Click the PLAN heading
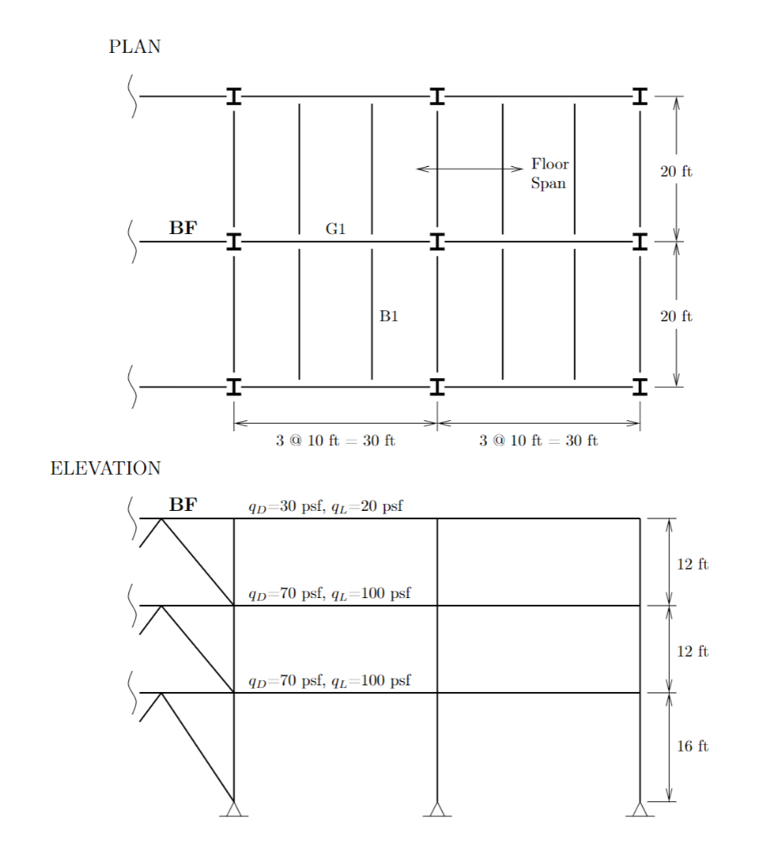[134, 47]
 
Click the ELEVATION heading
[106, 468]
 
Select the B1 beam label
[388, 316]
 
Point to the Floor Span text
[549, 174]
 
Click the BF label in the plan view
[184, 226]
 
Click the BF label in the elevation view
[184, 504]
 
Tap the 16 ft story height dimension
[692, 746]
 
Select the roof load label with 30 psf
[325, 507]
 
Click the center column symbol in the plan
[437, 242]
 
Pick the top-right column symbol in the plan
[640, 96]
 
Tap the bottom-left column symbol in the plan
[234, 387]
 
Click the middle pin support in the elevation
[437, 809]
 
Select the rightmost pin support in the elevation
[640, 809]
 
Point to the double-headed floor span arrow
[469, 169]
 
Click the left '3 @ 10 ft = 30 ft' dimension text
[335, 440]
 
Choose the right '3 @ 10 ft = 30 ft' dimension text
[538, 440]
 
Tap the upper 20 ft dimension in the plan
[676, 172]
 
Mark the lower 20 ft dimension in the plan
[676, 316]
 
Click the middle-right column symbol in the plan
[640, 242]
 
